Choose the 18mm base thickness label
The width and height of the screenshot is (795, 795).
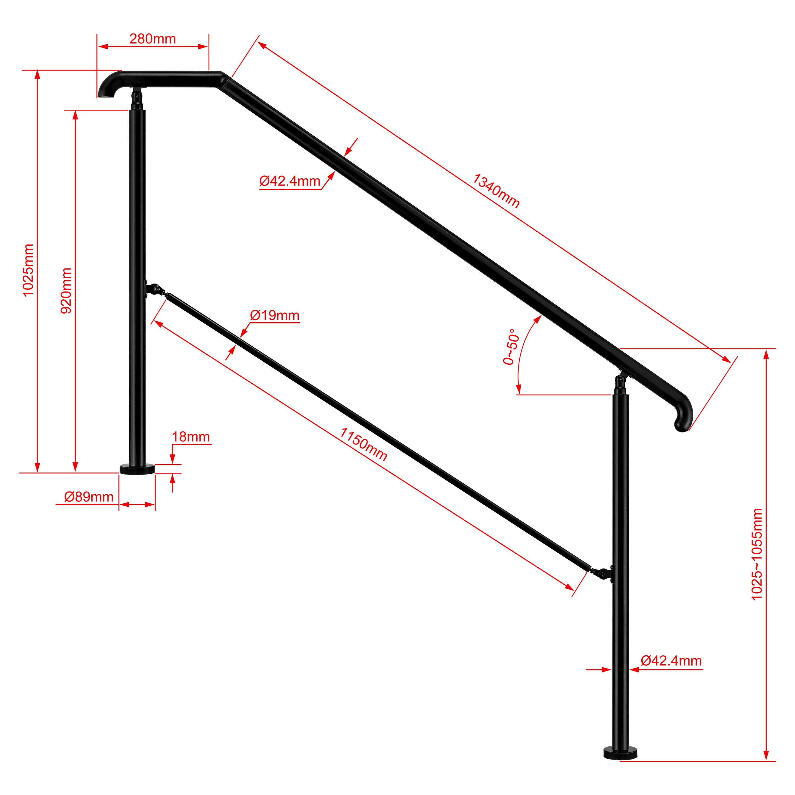point(191,437)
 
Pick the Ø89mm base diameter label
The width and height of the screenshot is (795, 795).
point(89,497)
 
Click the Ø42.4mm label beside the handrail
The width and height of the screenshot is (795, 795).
point(290,181)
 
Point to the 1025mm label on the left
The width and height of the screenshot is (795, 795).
point(28,270)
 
